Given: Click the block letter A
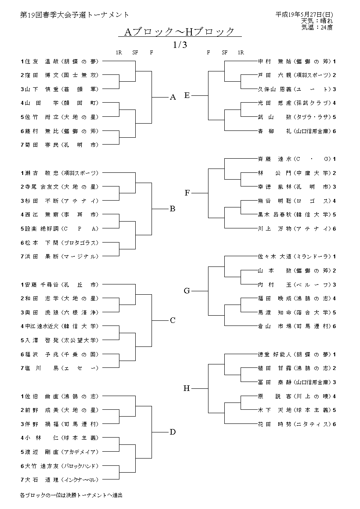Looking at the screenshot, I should tap(173, 98).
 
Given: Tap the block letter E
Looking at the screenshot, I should tap(187, 95).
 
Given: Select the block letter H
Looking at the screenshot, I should tap(187, 388).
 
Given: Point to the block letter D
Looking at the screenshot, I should tap(173, 432).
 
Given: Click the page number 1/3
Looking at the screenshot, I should tap(180, 44).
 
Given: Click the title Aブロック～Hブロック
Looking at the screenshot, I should tap(180, 32).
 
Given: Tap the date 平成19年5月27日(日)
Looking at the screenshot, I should tap(304, 14).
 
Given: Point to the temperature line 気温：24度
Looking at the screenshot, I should tap(317, 27).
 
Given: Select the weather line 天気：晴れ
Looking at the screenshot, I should tap(317, 21).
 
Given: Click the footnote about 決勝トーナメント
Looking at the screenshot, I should tap(71, 495).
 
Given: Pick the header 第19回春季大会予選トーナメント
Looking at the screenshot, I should tap(74, 15).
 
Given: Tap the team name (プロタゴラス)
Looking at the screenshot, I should tap(80, 243).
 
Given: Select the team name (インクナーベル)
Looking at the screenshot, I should tap(80, 479).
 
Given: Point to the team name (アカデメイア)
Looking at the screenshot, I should tap(80, 452).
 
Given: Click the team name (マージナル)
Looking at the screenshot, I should tap(80, 256).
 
